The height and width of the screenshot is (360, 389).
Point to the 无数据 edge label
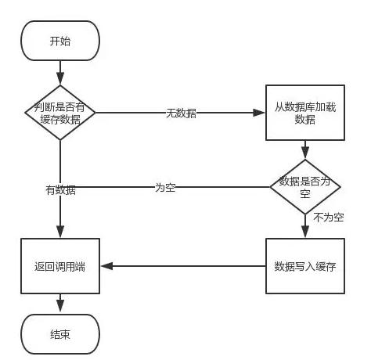point(181,113)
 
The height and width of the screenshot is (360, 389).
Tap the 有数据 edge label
point(60,190)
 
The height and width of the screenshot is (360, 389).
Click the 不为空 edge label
point(329,218)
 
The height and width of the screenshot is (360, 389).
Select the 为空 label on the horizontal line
point(165,188)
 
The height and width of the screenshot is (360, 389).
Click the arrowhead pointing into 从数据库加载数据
point(259,113)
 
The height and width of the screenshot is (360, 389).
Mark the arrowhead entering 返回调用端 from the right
point(106,266)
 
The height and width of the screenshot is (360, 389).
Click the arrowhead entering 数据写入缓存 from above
point(305,232)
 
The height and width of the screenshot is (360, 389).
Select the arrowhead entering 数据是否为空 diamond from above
point(305,153)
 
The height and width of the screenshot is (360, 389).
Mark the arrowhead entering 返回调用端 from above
point(60,232)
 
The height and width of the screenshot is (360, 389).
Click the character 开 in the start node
point(55,41)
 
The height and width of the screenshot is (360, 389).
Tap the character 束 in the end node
point(65,334)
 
